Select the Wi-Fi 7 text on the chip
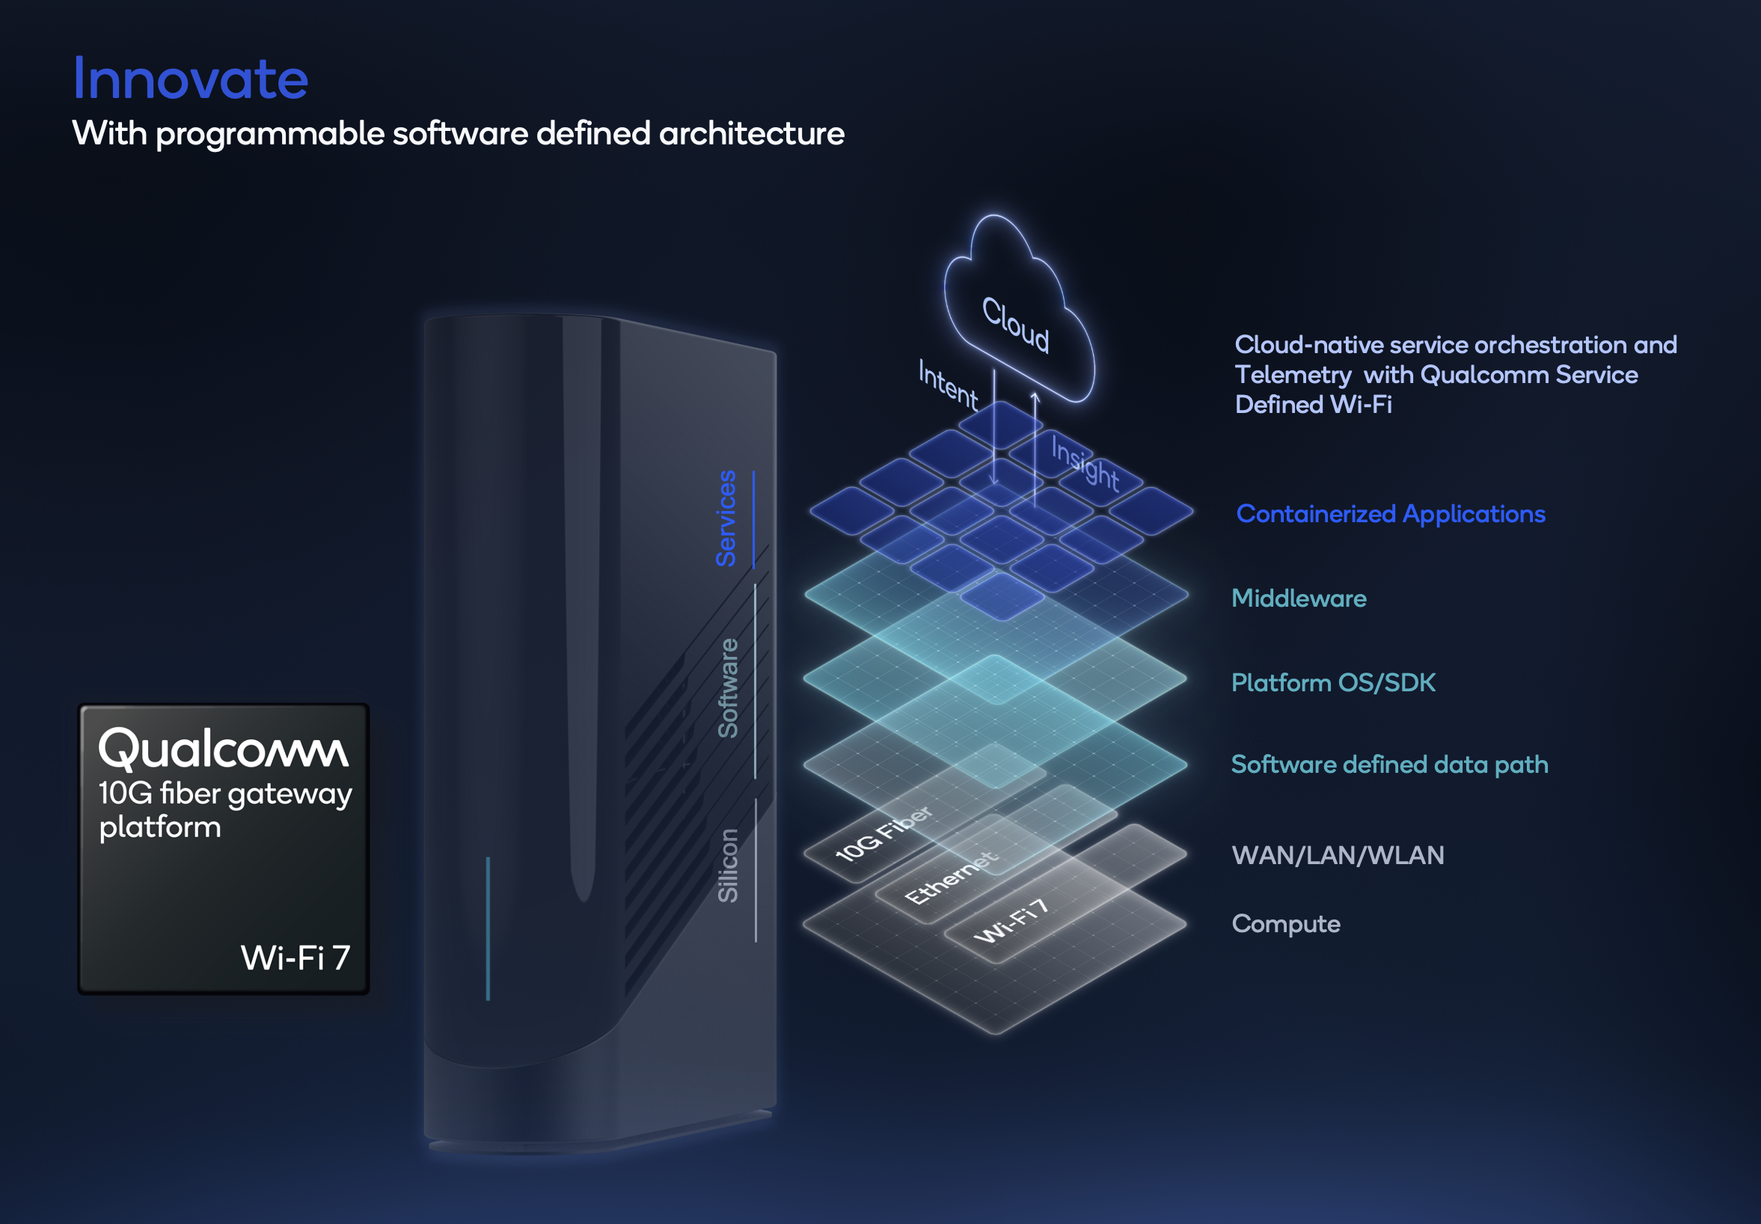(295, 957)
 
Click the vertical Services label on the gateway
(726, 518)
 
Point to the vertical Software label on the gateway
(728, 688)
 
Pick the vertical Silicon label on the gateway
(728, 865)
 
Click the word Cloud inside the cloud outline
(1016, 325)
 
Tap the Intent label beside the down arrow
(949, 385)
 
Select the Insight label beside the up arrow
(1085, 462)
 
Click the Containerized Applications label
(1391, 514)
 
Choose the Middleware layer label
(1299, 599)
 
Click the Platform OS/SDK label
(1333, 682)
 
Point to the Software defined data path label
(1389, 765)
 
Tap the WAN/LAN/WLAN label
(1338, 855)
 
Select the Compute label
(1286, 924)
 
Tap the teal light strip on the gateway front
(488, 928)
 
